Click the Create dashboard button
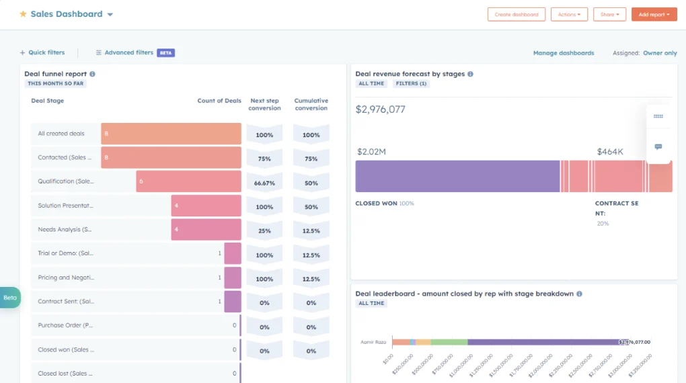[x=516, y=14]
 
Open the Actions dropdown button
[x=569, y=14]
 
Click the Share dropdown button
[x=609, y=14]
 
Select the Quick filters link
[x=42, y=52]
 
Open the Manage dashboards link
[x=563, y=52]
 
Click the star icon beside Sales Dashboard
[x=23, y=14]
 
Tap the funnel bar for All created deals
[x=171, y=134]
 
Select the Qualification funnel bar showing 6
[x=188, y=181]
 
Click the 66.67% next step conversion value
[x=264, y=183]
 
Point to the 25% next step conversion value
[x=264, y=230]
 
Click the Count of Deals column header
[x=219, y=101]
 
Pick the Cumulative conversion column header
[x=311, y=104]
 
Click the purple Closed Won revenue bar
[x=457, y=176]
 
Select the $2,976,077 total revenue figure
[x=380, y=110]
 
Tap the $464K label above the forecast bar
[x=610, y=152]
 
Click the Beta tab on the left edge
[x=10, y=298]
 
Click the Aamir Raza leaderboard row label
[x=374, y=342]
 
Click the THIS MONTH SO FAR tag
[x=56, y=84]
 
